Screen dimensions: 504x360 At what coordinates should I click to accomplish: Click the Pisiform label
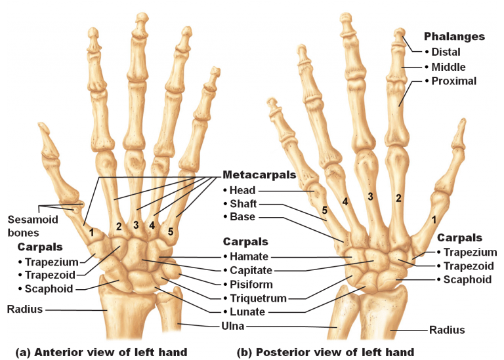tap(251, 284)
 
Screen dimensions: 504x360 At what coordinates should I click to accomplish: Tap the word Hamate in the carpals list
tap(249, 256)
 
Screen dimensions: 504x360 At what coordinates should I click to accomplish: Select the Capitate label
tap(251, 270)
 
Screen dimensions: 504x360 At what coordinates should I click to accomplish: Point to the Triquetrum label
tap(258, 298)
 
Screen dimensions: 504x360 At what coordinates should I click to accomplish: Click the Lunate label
tap(247, 311)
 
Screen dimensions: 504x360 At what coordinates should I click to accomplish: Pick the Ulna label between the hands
tap(233, 326)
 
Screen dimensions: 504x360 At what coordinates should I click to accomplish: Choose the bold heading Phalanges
tap(454, 37)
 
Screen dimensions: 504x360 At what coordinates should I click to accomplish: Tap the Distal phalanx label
tap(446, 52)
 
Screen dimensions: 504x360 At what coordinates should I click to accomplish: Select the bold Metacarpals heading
tap(259, 174)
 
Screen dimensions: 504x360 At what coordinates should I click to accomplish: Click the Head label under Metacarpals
tap(242, 190)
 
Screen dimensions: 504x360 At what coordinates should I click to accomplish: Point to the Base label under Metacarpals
tap(242, 217)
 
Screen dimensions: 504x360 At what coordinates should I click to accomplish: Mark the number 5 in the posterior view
tap(325, 210)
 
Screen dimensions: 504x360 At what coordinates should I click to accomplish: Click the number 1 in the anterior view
tap(92, 232)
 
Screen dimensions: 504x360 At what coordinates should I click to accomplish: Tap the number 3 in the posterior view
tap(370, 197)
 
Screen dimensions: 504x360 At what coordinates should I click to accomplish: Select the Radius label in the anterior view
tap(25, 310)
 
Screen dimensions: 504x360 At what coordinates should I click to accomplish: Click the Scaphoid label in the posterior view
tap(467, 280)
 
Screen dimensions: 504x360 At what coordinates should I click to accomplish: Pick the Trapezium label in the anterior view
tap(51, 262)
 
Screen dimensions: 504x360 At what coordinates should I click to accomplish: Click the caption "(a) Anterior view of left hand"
tap(101, 352)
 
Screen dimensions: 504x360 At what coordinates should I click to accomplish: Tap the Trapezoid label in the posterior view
tap(469, 266)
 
